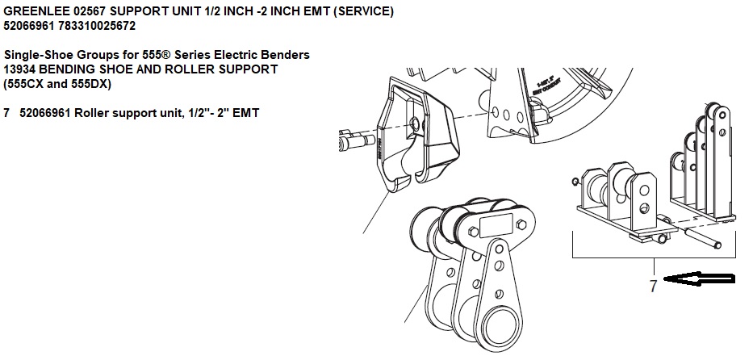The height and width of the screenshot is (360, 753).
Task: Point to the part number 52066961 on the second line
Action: click(x=30, y=25)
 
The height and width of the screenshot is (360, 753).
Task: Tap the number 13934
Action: click(x=21, y=69)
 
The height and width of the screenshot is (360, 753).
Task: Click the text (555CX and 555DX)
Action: click(x=57, y=83)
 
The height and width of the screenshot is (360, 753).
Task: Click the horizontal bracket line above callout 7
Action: click(x=653, y=257)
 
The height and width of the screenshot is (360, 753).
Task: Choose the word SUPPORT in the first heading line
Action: click(x=152, y=10)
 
